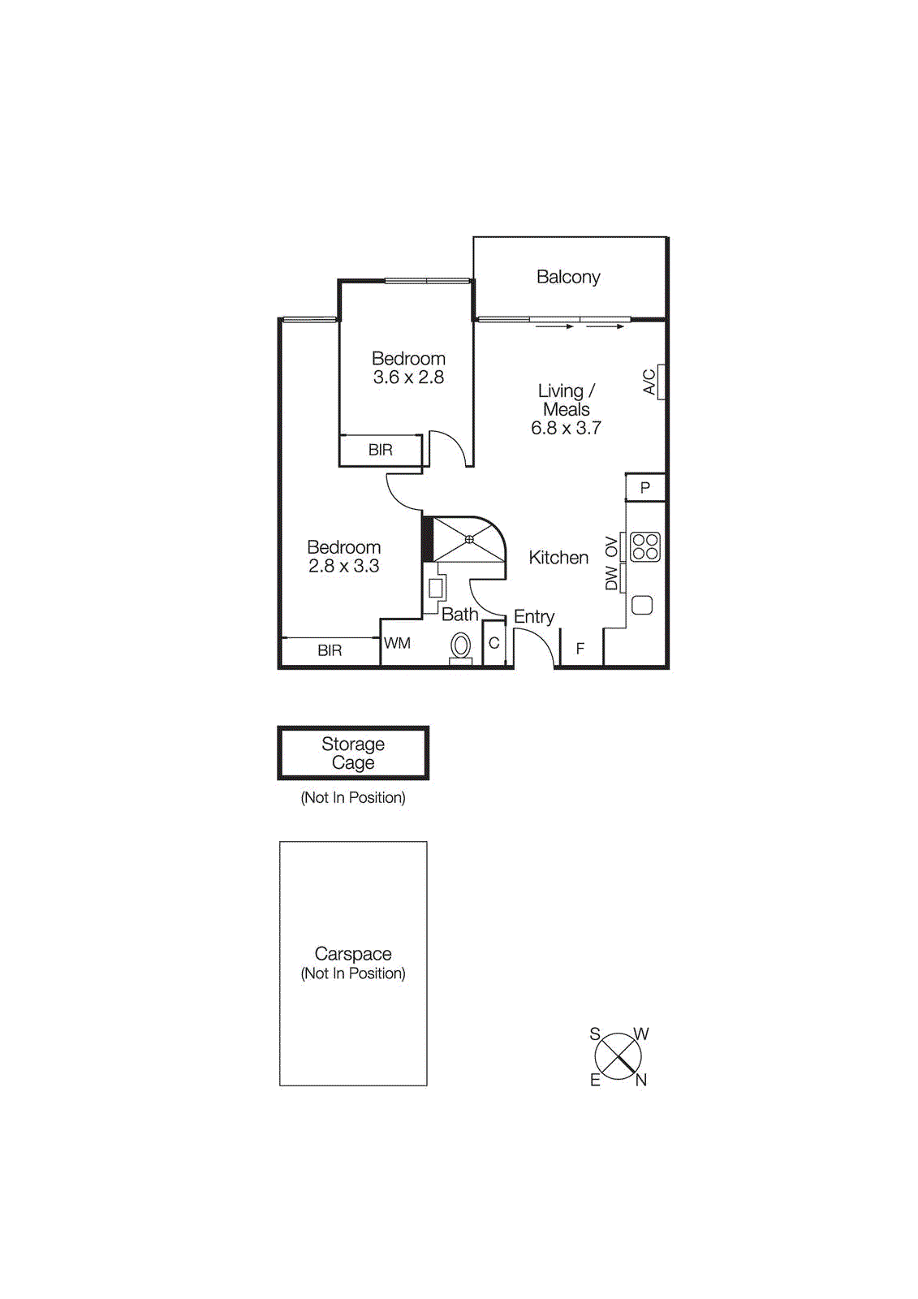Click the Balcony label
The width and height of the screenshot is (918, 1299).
pos(568,277)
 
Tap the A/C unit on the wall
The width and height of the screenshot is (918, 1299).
pos(662,382)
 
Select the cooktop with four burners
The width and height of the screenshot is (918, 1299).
pos(645,546)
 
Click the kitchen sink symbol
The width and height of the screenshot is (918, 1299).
pos(642,605)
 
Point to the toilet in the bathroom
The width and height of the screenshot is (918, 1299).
pos(460,647)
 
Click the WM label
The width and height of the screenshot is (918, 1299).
pos(397,643)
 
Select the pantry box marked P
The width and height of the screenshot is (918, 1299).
pos(645,487)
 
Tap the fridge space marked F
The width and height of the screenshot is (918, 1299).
pos(580,649)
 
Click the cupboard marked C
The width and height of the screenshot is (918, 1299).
pos(493,643)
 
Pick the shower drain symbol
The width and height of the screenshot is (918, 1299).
pos(469,539)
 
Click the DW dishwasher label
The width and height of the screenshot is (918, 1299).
pos(612,578)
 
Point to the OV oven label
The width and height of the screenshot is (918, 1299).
pos(612,548)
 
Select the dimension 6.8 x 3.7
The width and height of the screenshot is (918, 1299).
pos(566,428)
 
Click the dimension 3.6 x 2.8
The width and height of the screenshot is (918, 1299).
pos(408,377)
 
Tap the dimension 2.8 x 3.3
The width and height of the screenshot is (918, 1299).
pos(343,566)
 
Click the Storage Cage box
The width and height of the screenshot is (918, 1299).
pos(353,753)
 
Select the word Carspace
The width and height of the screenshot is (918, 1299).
pos(353,953)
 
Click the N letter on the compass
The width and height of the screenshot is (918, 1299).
pos(641,1080)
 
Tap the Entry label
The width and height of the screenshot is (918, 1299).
pos(534,616)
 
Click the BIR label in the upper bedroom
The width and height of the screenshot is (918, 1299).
pos(380,450)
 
